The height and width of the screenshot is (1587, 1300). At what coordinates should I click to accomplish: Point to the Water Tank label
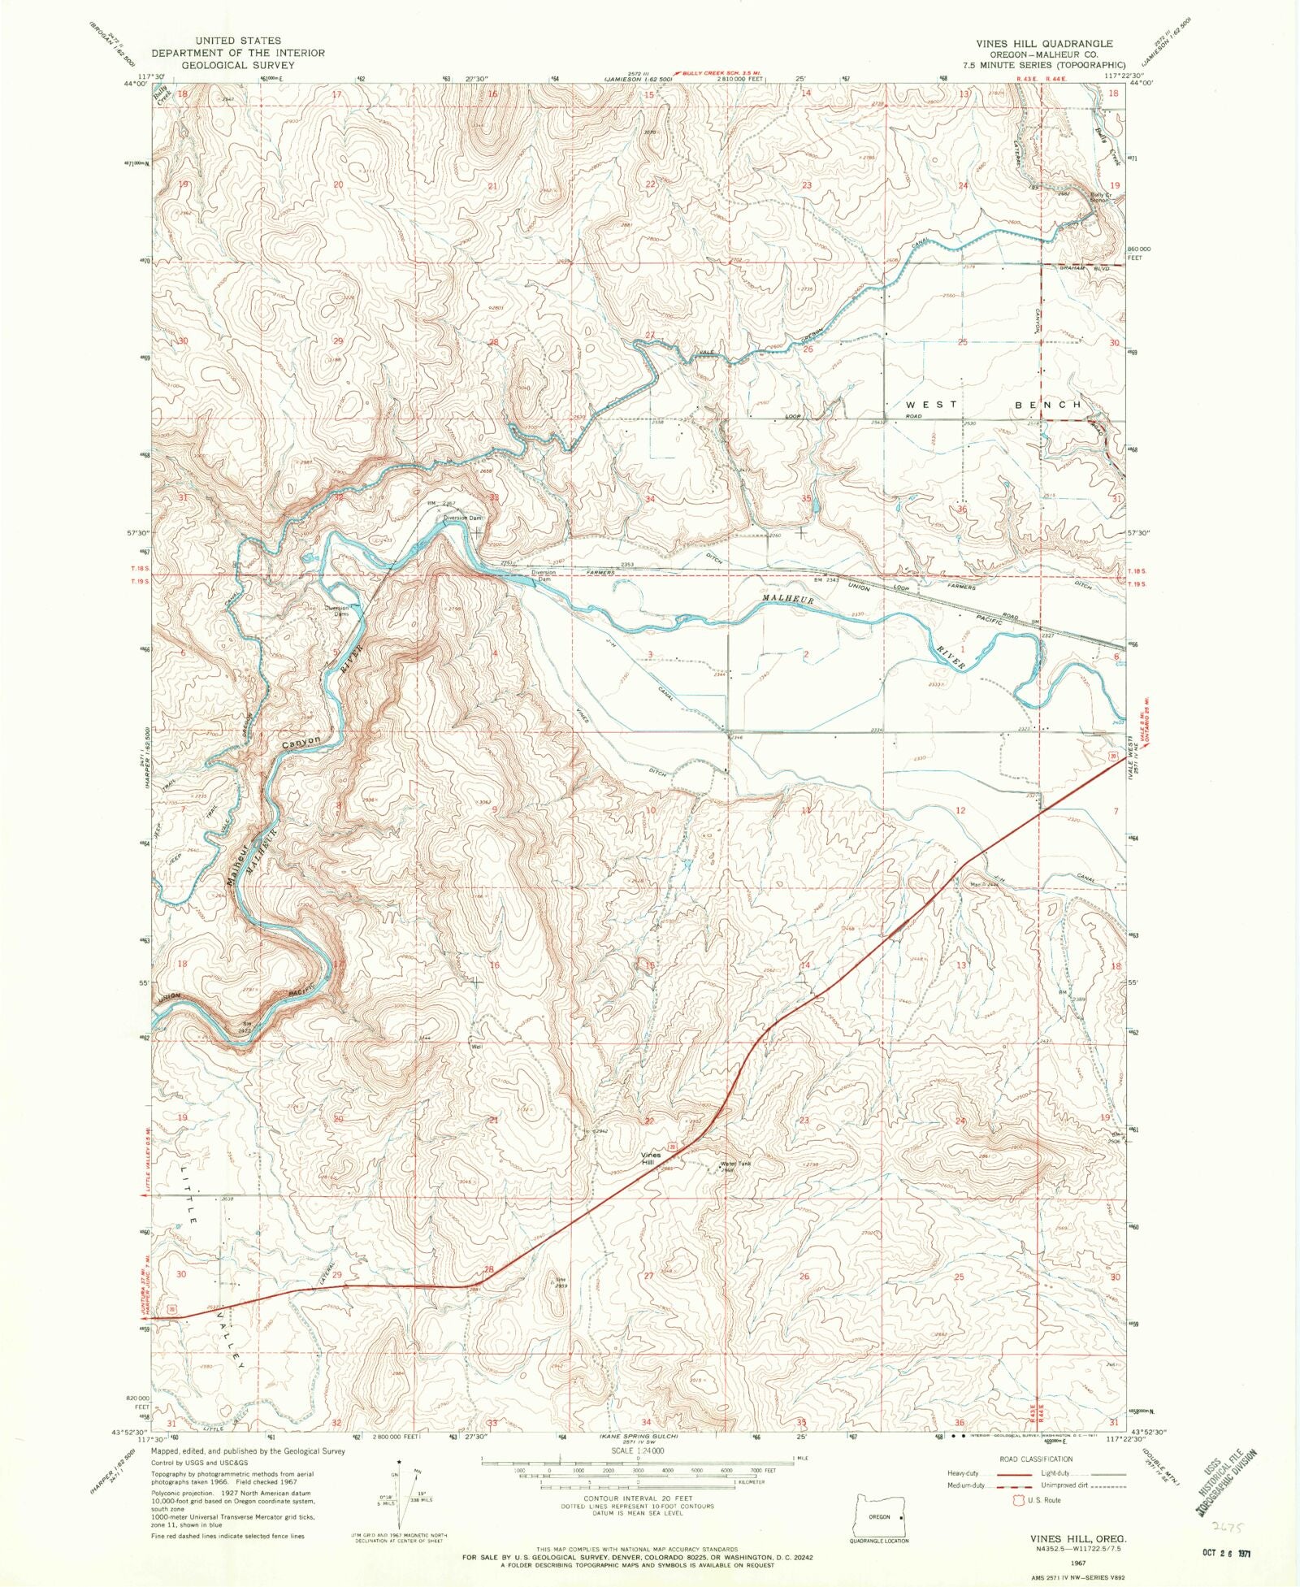735,1164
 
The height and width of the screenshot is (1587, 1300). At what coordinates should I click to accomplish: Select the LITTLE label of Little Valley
188,1195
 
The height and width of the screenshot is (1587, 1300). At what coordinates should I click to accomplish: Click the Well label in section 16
477,1047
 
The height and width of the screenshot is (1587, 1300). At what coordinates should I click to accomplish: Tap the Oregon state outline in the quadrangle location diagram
879,1516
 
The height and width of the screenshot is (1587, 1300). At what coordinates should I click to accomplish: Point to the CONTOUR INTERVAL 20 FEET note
638,1498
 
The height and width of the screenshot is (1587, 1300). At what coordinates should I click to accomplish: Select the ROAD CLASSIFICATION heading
1036,1459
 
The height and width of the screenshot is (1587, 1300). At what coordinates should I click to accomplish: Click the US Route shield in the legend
1016,1500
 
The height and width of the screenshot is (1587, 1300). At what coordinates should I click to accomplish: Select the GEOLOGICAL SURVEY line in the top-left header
237,65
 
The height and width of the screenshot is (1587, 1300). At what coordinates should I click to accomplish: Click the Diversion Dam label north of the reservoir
462,518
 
